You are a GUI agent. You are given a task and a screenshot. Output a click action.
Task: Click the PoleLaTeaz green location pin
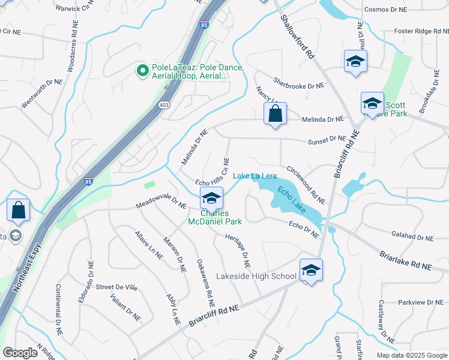tap(143, 71)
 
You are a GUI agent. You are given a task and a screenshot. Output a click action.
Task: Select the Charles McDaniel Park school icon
tap(211, 198)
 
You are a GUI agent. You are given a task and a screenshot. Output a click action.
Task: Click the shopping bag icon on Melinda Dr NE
tap(275, 113)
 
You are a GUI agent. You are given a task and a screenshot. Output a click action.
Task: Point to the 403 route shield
tap(163, 105)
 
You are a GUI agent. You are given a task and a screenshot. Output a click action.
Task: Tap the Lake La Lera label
tap(255, 176)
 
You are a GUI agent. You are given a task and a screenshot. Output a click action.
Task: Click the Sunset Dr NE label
tap(327, 139)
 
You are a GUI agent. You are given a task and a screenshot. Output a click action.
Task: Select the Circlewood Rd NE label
tap(306, 184)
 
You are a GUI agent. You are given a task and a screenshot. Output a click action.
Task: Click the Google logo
tap(20, 353)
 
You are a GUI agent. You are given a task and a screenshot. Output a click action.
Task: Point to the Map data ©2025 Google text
tap(411, 355)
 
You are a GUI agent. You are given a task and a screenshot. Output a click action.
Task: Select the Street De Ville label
tap(116, 288)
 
